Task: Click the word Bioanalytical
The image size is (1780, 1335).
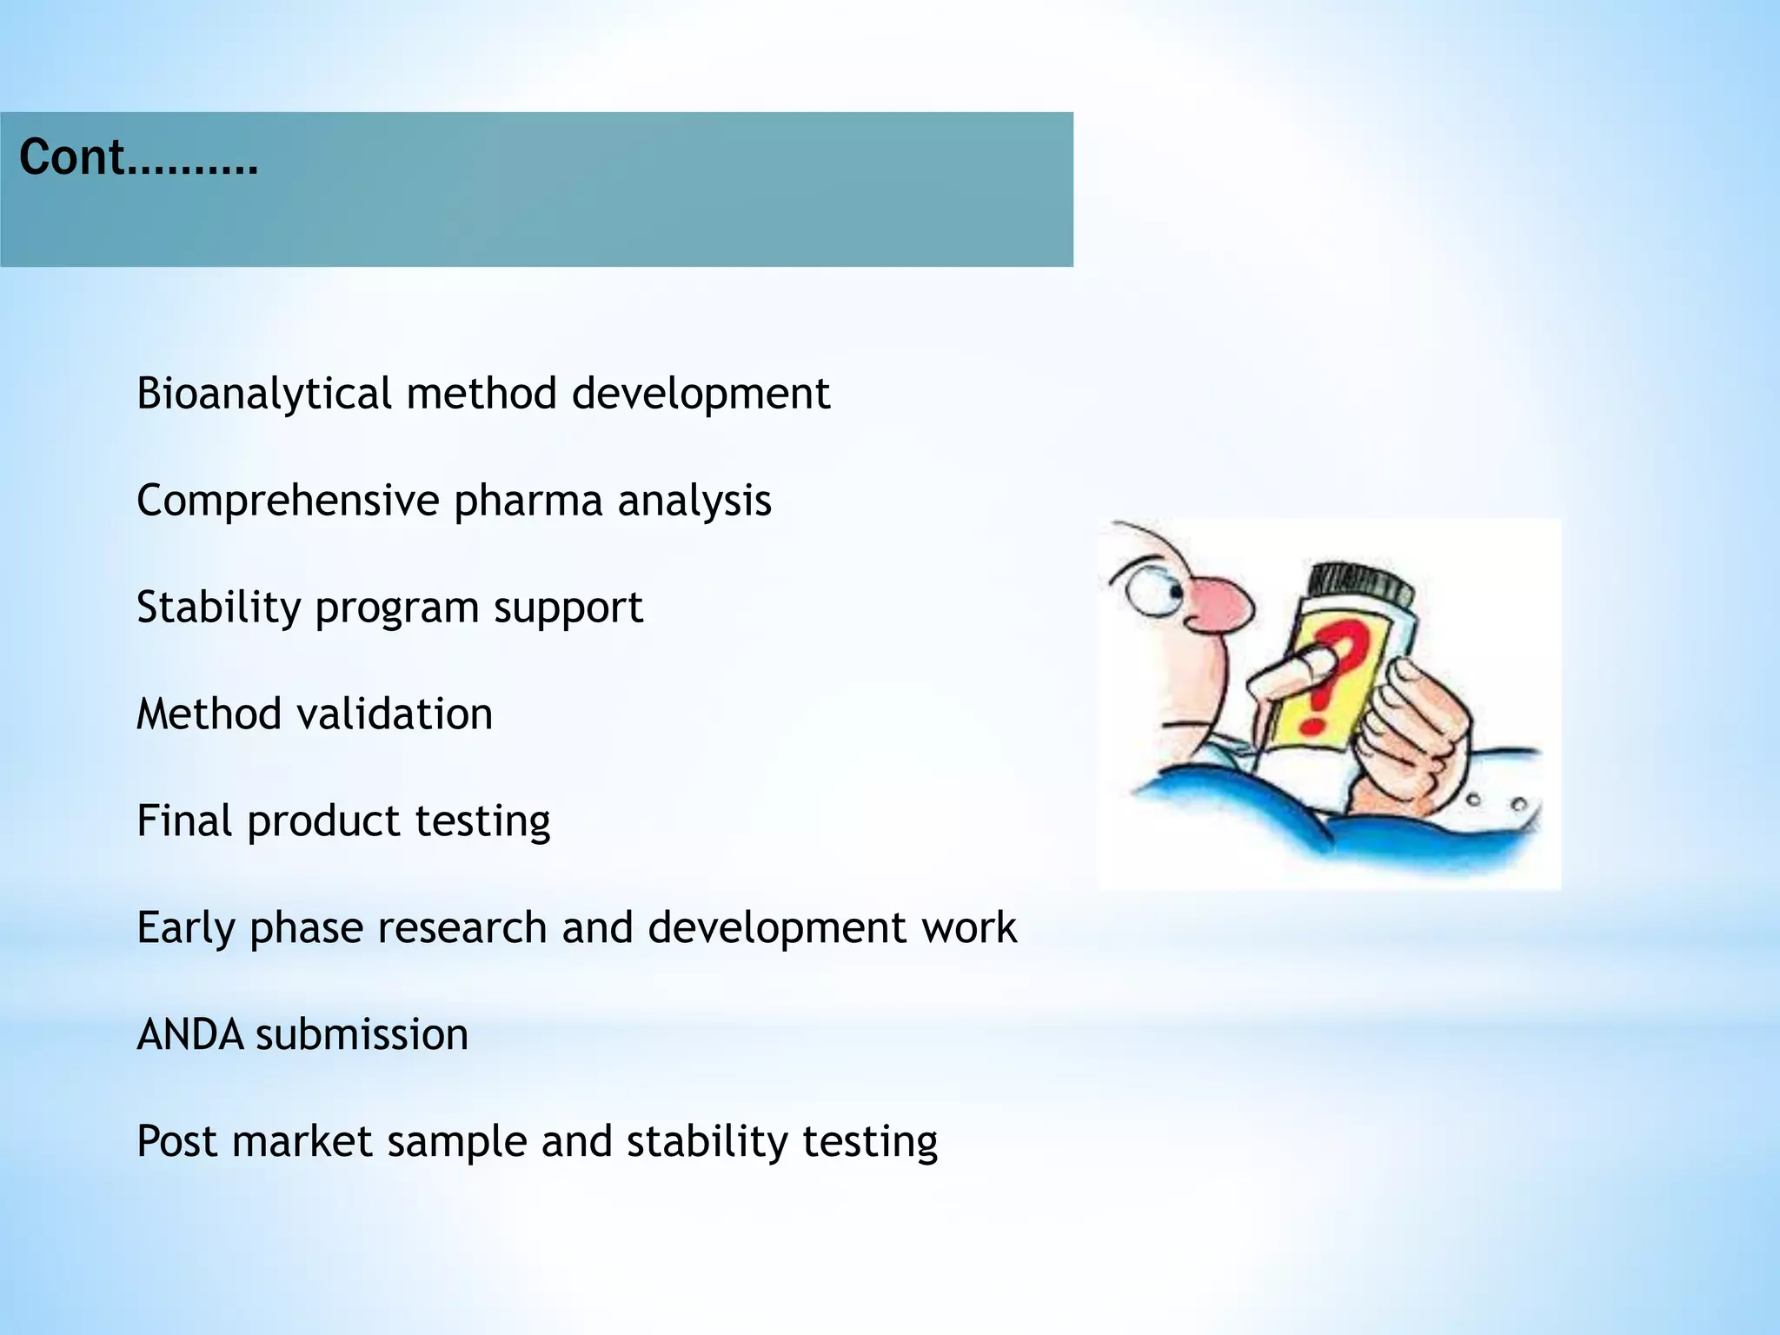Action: (264, 394)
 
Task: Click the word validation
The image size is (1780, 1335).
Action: (395, 714)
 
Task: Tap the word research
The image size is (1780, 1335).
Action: (462, 927)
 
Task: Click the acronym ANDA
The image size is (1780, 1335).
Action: (189, 1034)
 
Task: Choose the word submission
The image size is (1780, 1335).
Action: (362, 1034)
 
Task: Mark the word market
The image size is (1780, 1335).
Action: (302, 1140)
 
